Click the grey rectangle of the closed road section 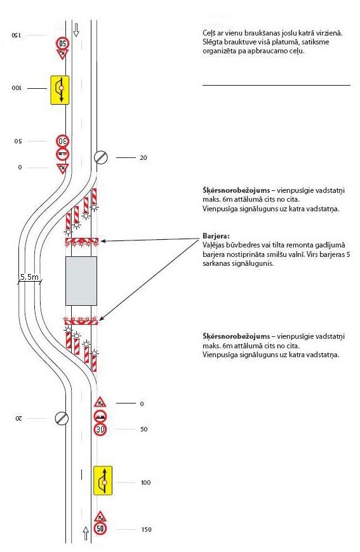81,280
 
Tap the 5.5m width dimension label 29,277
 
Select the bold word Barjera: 216,236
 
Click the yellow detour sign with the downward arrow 60,89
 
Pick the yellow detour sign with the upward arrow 103,480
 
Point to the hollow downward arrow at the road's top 76,30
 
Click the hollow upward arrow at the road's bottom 86,534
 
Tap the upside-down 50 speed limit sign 62,43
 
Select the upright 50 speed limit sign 100,529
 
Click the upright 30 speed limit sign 100,430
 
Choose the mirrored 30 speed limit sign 63,141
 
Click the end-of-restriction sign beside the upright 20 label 101,157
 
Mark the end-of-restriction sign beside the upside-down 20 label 62,418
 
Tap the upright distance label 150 146,529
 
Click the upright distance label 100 145,483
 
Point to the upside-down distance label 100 17,88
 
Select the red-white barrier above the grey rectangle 82,241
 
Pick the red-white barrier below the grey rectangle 81,320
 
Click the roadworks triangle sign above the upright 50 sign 100,516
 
